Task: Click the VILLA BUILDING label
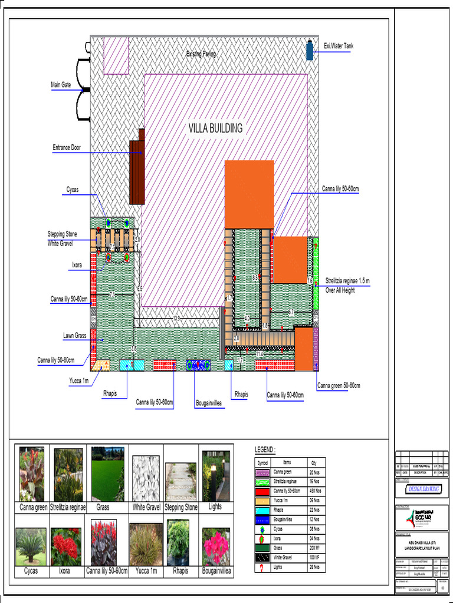pos(215,128)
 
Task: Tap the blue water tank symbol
pos(309,49)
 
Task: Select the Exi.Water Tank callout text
pos(339,46)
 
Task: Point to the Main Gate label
pos(61,85)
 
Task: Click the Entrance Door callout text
pos(67,148)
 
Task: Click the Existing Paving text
pos(201,54)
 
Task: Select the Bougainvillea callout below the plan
pos(210,403)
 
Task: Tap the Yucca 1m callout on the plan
pos(77,381)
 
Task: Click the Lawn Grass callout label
pos(75,336)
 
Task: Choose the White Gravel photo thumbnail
pos(145,478)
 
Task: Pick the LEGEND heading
pos(265,450)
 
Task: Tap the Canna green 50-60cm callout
pos(339,386)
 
